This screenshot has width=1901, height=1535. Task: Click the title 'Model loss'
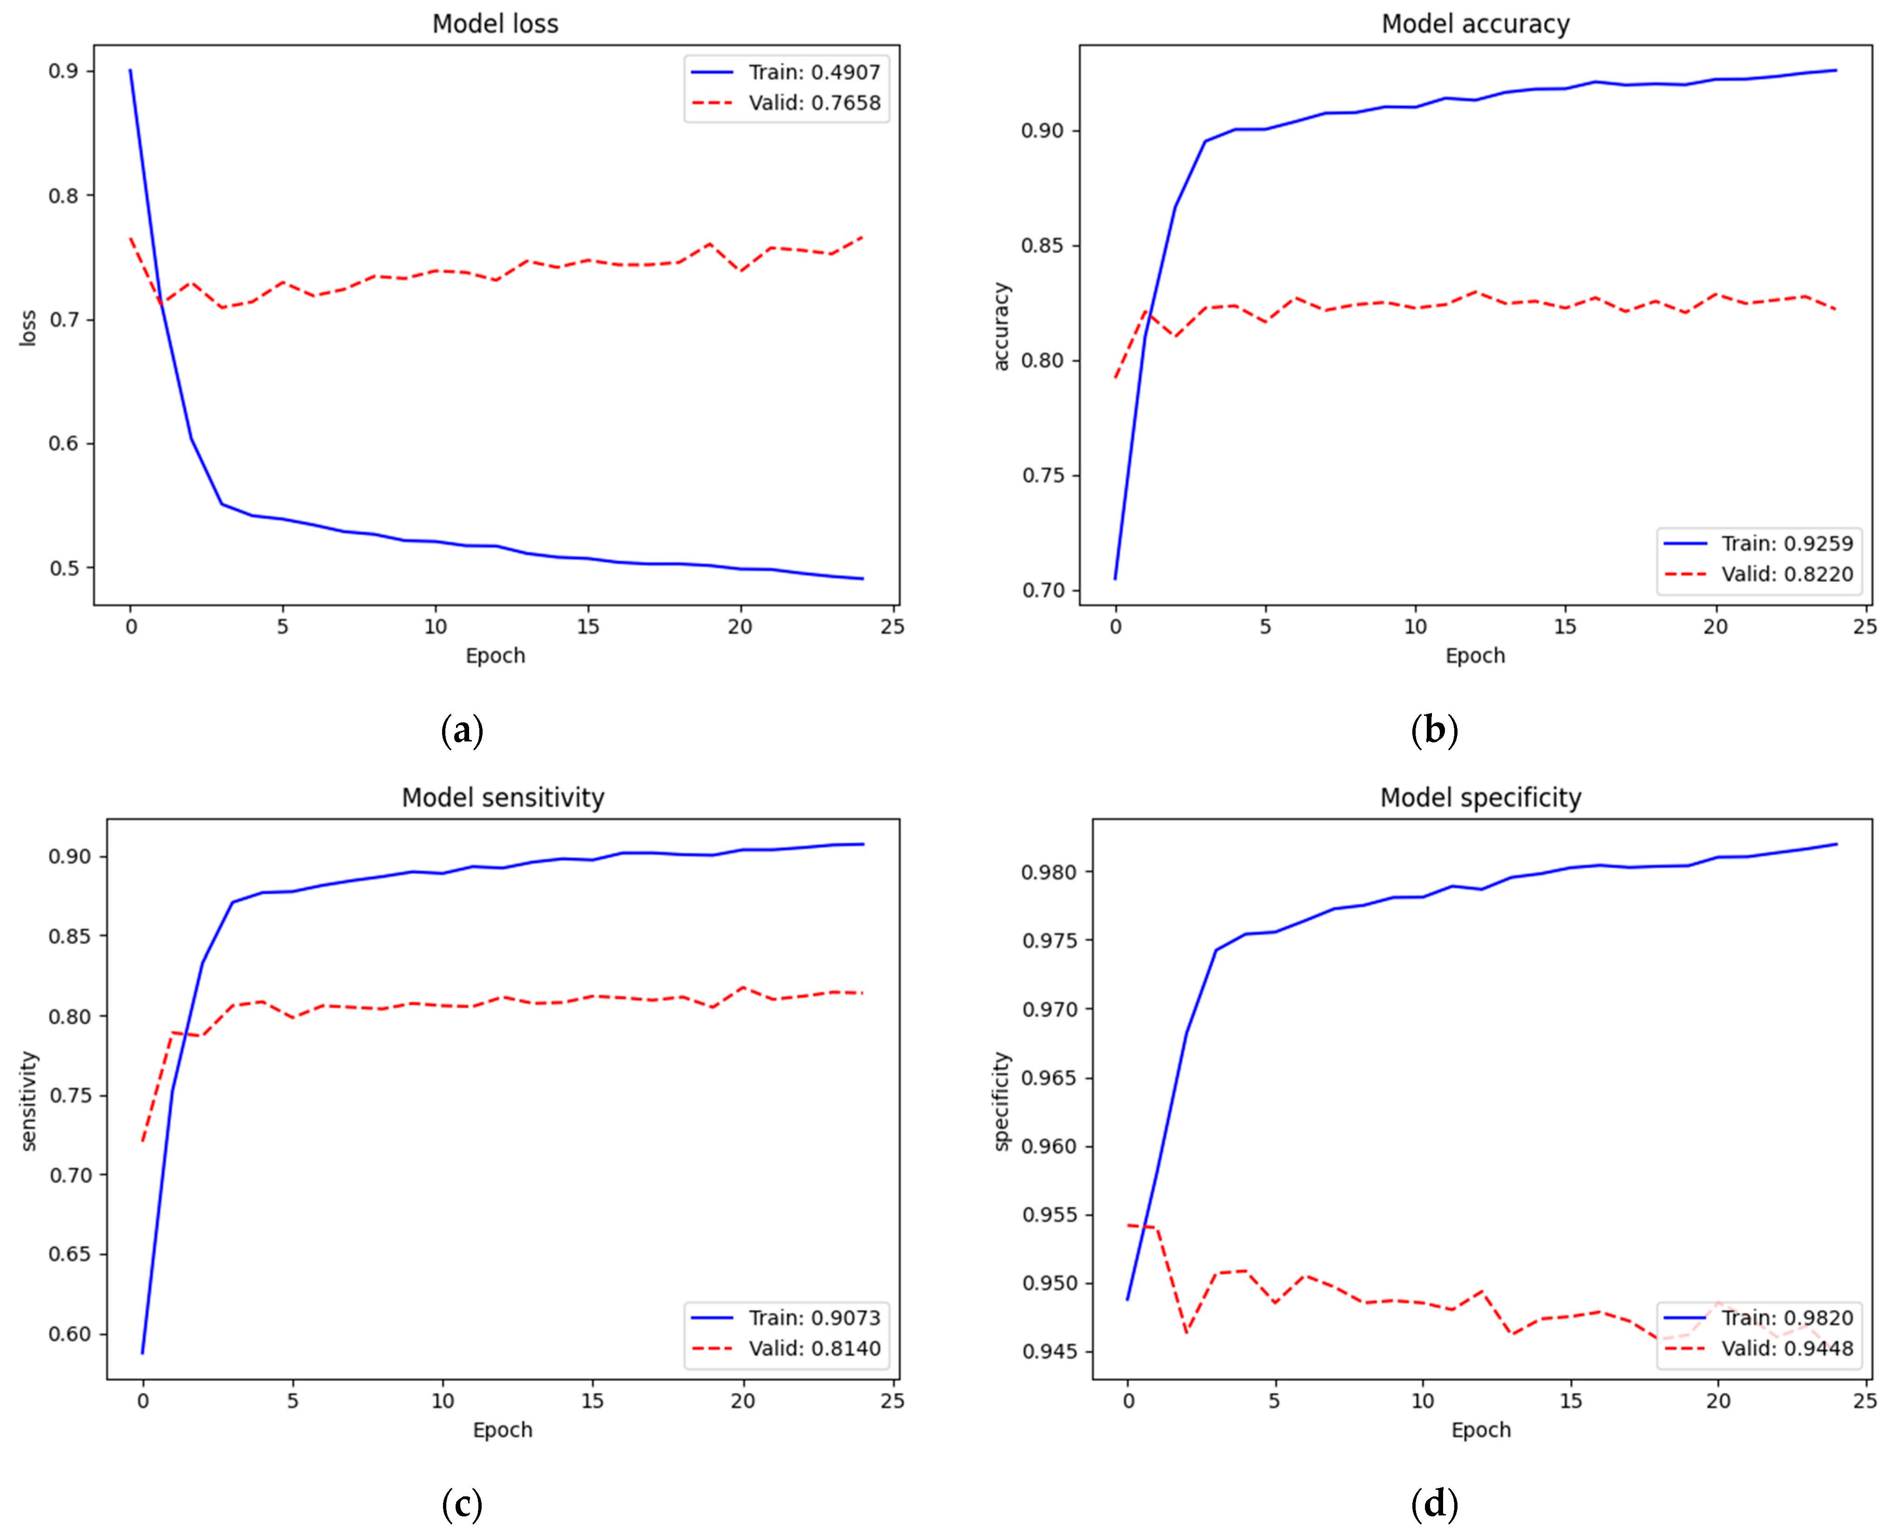coord(495,24)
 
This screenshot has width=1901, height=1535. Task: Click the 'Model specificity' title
coord(1480,798)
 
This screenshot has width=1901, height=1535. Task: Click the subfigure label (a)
coord(462,730)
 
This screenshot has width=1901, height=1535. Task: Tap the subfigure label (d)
coord(1434,1503)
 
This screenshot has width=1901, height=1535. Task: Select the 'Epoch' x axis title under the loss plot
coord(495,655)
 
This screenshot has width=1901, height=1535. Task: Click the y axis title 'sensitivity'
coord(29,1101)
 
